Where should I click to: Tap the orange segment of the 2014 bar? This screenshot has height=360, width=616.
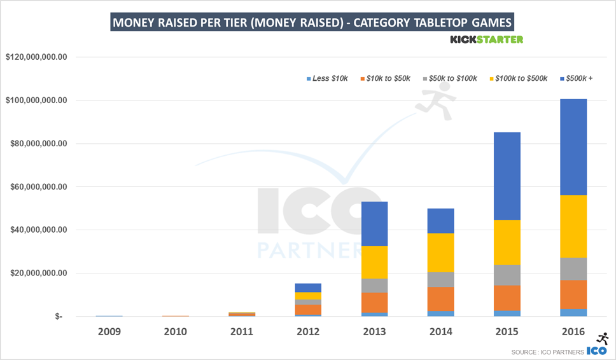[x=441, y=299]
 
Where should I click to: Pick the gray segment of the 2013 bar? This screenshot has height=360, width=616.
[x=374, y=286]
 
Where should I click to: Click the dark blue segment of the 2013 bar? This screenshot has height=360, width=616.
[x=374, y=224]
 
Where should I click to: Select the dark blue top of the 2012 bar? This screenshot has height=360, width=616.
[x=308, y=287]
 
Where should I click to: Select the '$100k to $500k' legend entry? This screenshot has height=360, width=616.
[x=521, y=78]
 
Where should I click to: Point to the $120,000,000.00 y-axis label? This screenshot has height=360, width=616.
[x=36, y=57]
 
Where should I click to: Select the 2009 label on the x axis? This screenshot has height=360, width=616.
[x=109, y=331]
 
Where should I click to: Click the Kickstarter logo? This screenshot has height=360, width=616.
[x=486, y=39]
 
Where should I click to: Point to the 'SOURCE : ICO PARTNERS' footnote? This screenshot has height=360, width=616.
[x=546, y=352]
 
